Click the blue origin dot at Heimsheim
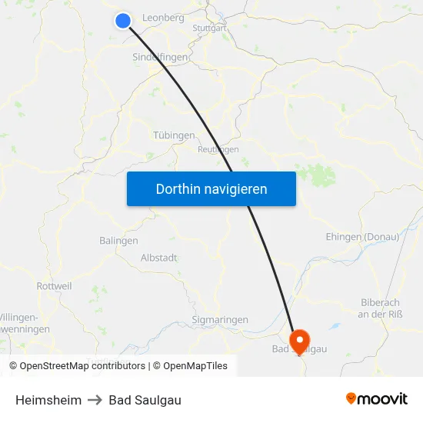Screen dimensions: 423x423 [x=123, y=21]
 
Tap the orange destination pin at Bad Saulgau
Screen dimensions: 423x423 [x=298, y=339]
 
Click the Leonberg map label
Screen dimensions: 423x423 [x=163, y=18]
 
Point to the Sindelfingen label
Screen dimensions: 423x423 [x=162, y=56]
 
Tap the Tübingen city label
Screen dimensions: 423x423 [x=174, y=135]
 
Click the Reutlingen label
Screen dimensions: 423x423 [x=218, y=149]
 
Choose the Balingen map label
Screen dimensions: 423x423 [x=118, y=241]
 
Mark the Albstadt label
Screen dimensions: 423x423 [x=159, y=258]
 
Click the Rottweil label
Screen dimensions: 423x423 [x=54, y=286]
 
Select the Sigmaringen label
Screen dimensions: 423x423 [x=220, y=320]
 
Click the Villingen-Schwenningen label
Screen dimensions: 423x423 [x=25, y=323]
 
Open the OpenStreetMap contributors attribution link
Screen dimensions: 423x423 [x=82, y=366]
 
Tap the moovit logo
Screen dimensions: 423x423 [x=377, y=399]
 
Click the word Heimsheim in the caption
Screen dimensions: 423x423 [x=48, y=400]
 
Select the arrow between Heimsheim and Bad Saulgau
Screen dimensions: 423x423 [x=95, y=400]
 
